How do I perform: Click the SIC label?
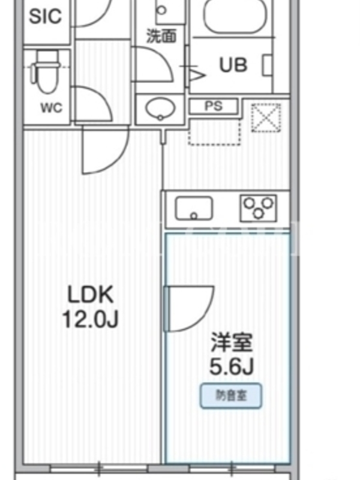(x=46, y=16)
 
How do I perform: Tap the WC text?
(x=52, y=108)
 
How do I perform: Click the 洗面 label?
(x=161, y=36)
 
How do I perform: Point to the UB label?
(x=233, y=65)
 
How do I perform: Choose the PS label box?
(x=214, y=106)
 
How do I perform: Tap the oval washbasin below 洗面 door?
(x=160, y=109)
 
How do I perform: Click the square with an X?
(x=266, y=118)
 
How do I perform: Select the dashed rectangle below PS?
(x=214, y=132)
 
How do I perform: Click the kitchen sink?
(x=193, y=208)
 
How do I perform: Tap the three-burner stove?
(x=259, y=208)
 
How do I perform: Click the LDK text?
(x=91, y=294)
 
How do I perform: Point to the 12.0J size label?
(x=91, y=319)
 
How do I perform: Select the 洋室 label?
(x=232, y=342)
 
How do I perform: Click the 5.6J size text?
(x=232, y=366)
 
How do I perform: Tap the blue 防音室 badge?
(x=231, y=395)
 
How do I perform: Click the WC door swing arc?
(x=104, y=98)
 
